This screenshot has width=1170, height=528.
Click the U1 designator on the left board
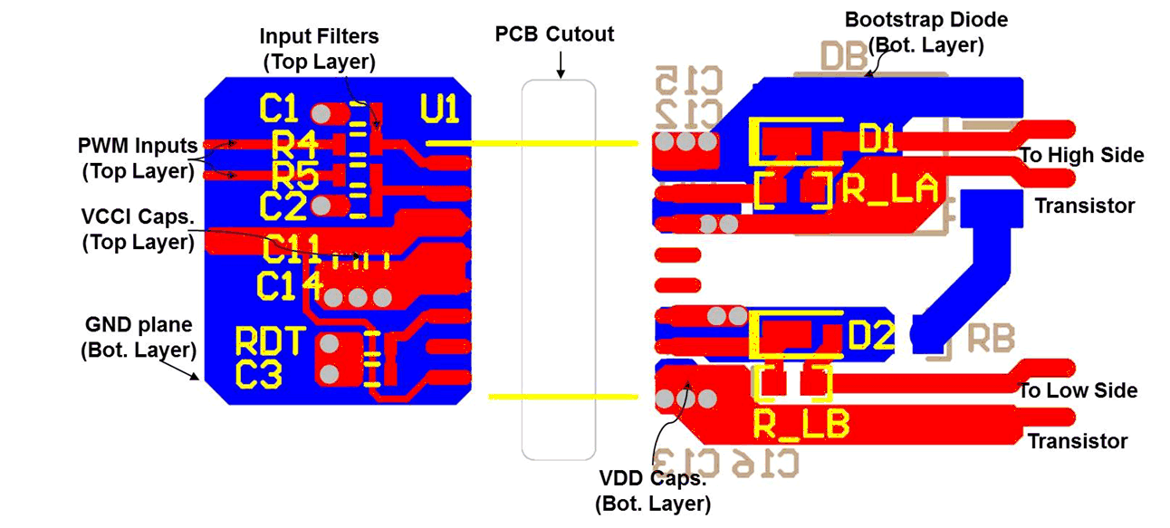pyautogui.click(x=440, y=110)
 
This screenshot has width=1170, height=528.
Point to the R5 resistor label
pyautogui.click(x=294, y=175)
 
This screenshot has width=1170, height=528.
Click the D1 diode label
pyautogui.click(x=877, y=139)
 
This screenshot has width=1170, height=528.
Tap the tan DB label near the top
pyautogui.click(x=843, y=58)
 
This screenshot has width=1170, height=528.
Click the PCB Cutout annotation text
pyautogui.click(x=554, y=34)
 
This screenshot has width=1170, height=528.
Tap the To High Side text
pyautogui.click(x=1082, y=156)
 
